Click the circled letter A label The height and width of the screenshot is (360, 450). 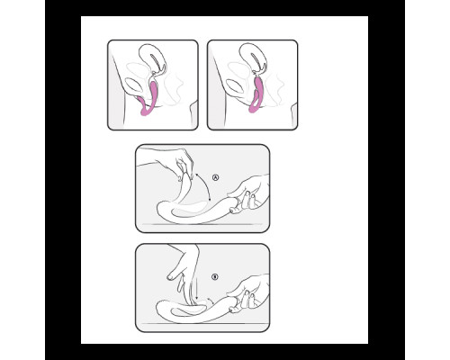[x=215, y=177]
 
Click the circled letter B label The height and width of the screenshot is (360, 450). [x=214, y=277]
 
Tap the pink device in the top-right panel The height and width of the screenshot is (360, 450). [x=256, y=94]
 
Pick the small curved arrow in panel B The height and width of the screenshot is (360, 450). [x=211, y=301]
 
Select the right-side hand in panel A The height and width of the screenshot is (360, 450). [x=250, y=193]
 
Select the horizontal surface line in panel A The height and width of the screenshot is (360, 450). [x=202, y=224]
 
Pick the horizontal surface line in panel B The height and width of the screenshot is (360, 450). [x=202, y=324]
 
